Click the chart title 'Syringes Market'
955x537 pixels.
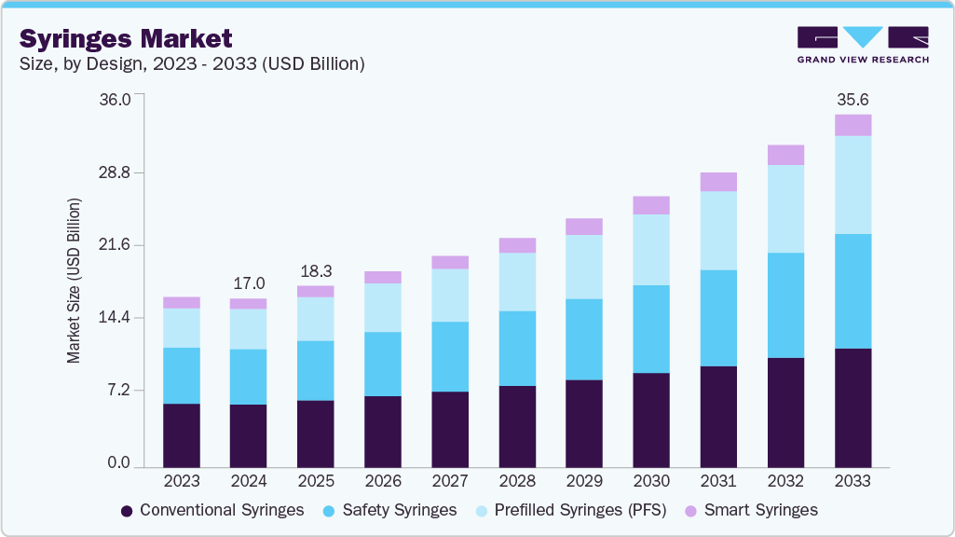[x=126, y=38]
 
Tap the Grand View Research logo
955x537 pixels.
[x=863, y=45]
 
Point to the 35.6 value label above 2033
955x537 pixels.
[x=853, y=100]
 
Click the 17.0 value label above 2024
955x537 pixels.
[x=249, y=283]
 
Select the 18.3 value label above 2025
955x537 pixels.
[x=316, y=270]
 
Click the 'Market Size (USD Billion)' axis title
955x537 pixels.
[x=74, y=281]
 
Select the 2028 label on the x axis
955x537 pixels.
[x=517, y=481]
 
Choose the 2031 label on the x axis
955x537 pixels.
[x=718, y=481]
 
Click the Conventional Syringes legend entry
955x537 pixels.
[x=212, y=510]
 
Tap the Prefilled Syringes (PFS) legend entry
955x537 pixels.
[x=568, y=510]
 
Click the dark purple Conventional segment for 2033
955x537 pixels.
[x=853, y=407]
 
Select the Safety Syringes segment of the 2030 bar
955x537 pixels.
[x=651, y=329]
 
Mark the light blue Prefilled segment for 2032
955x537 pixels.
[x=785, y=209]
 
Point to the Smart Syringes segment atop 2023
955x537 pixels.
[x=182, y=302]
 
